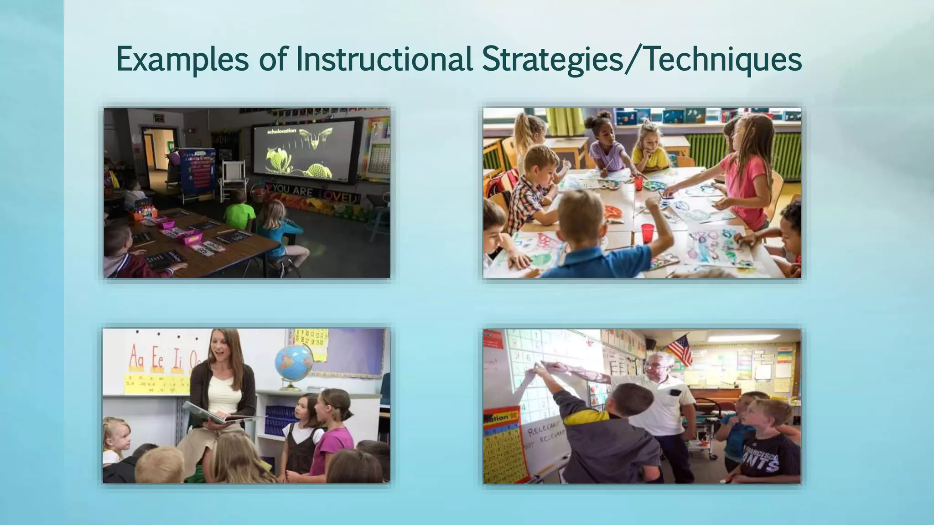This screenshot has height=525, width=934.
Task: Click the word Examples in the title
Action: (x=182, y=59)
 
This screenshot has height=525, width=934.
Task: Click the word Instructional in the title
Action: (x=384, y=59)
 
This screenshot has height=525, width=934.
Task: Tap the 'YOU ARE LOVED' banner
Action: (x=315, y=191)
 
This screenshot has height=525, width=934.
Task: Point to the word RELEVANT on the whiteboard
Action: (x=544, y=429)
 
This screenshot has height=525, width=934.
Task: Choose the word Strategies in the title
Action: (x=552, y=59)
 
